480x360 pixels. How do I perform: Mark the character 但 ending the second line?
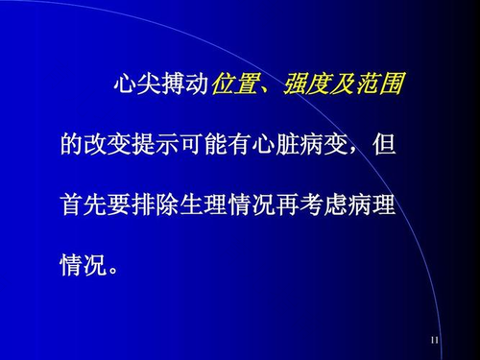coord(383,147)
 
